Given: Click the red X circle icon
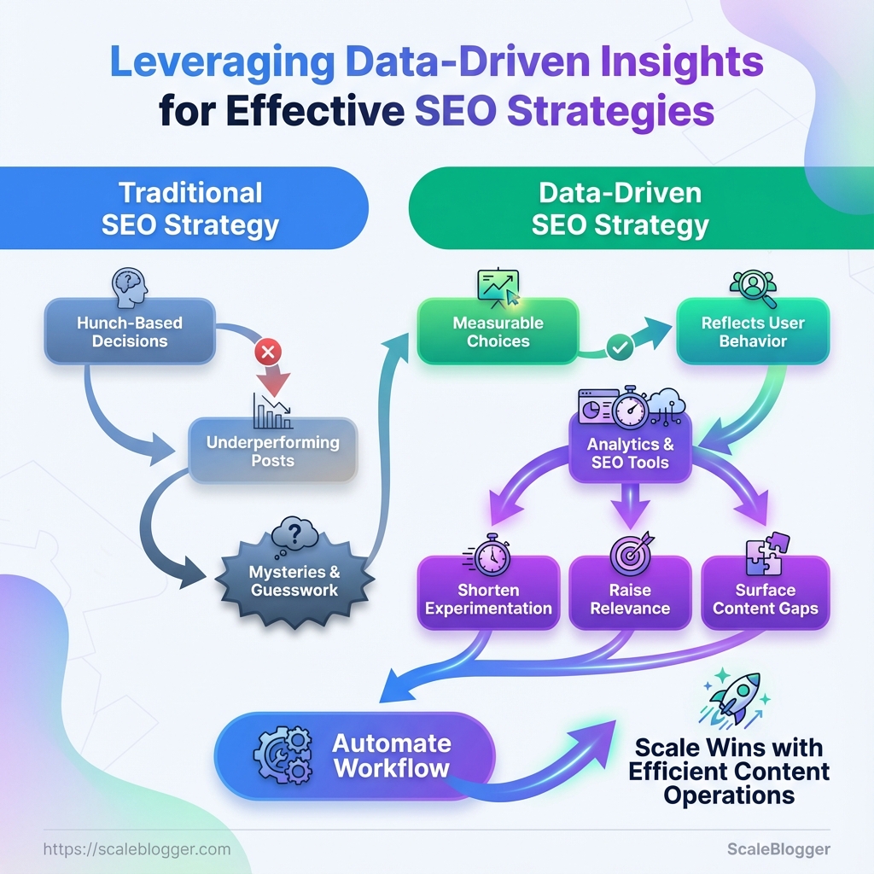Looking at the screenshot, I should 269,351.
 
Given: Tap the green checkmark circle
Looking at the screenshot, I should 617,348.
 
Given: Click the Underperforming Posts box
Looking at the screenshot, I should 272,451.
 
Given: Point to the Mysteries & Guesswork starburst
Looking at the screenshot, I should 294,580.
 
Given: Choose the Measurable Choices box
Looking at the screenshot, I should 498,332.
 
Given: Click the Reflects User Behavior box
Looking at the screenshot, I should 753,332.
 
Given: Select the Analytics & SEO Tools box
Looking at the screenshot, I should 629,453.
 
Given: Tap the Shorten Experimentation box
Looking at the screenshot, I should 488,599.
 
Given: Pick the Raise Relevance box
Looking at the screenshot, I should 629,599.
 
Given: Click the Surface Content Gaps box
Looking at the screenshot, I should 765,599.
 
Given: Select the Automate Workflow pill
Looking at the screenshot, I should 354,755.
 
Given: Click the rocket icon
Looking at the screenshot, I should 735,696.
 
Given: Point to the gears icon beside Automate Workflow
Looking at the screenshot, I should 283,754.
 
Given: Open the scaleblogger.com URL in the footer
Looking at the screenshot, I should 136,849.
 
